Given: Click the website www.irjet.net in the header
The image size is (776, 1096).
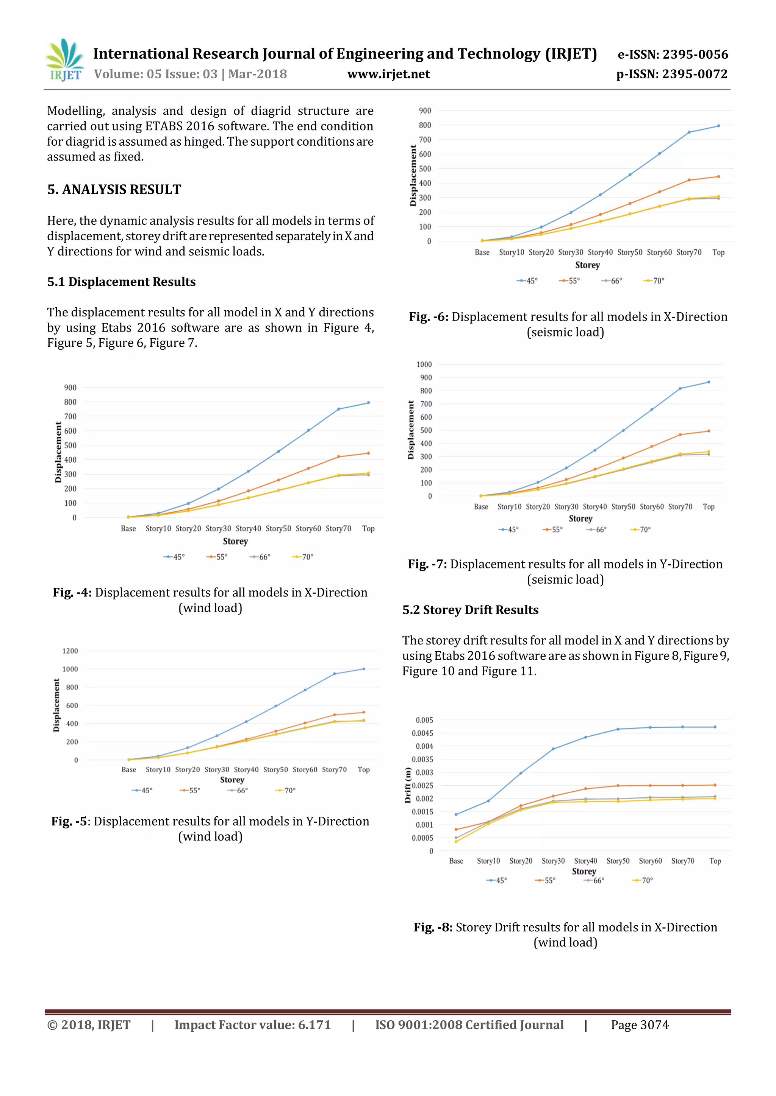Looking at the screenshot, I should coord(388,74).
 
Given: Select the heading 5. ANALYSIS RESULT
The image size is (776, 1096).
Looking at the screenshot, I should coord(114,190).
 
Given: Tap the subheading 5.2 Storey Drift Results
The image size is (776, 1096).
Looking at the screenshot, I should coord(470,610).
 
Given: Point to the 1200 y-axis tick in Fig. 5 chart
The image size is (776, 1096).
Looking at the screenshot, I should coord(70,651).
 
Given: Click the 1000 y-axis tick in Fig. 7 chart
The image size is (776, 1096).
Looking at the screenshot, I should coord(424,364).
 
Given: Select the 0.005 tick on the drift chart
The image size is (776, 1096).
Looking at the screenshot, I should coord(424,720).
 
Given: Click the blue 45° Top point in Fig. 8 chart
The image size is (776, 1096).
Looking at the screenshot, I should coord(715,727).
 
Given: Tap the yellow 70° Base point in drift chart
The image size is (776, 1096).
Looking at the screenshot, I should coord(456,842).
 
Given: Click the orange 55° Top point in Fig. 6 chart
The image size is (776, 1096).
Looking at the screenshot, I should coord(718,177).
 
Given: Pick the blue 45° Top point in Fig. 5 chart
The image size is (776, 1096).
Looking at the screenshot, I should coord(364,669).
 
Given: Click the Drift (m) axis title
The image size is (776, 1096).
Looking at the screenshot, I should coord(408,785).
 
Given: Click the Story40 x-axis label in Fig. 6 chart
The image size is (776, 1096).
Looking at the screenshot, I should coord(600,252).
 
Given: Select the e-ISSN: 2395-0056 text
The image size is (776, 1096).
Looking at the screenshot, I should coord(673,54).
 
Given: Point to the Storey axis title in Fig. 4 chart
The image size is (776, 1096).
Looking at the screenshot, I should coord(235,541).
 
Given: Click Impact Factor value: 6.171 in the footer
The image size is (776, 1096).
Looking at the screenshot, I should coord(252,1025).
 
